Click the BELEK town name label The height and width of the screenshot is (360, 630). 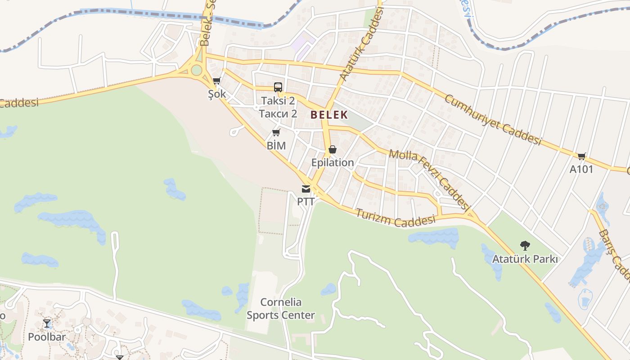click(x=329, y=115)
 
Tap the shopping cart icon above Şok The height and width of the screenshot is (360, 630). click(x=216, y=81)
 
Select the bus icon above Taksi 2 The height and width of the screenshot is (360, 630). click(x=278, y=87)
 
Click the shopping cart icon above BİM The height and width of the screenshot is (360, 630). click(x=276, y=132)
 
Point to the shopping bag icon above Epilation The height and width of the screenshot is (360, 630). click(x=333, y=149)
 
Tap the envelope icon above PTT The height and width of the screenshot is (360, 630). click(x=306, y=189)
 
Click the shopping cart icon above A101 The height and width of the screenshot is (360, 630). click(x=581, y=156)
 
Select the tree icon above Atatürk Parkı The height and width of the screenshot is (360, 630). click(x=525, y=246)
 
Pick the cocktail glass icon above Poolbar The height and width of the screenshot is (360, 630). click(x=47, y=323)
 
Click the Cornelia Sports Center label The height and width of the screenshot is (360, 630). click(x=281, y=309)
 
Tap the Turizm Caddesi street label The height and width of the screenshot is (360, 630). click(x=396, y=218)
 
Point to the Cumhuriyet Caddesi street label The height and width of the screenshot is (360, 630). click(x=493, y=120)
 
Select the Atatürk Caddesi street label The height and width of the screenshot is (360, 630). click(x=360, y=45)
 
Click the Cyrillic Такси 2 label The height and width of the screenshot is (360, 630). click(x=278, y=114)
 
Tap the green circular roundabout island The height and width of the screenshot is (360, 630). click(x=196, y=70)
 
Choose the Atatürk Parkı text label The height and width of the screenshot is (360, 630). click(x=525, y=260)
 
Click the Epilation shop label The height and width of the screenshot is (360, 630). click(x=333, y=162)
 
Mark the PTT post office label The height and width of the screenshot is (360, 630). click(x=306, y=201)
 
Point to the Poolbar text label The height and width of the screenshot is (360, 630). click(x=47, y=337)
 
